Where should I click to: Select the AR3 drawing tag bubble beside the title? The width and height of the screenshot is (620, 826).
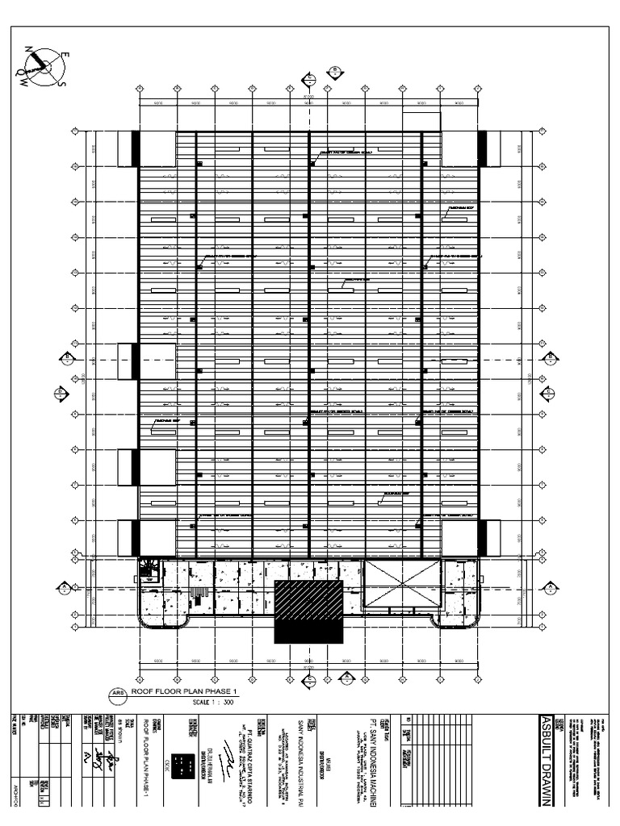coord(117,692)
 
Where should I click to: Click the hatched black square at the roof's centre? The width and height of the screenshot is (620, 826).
coord(308,611)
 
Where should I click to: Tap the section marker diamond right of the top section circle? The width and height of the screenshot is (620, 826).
coord(333,72)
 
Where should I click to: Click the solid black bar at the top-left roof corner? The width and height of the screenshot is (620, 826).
coord(136,149)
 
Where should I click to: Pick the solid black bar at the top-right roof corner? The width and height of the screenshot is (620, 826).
coord(483,149)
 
